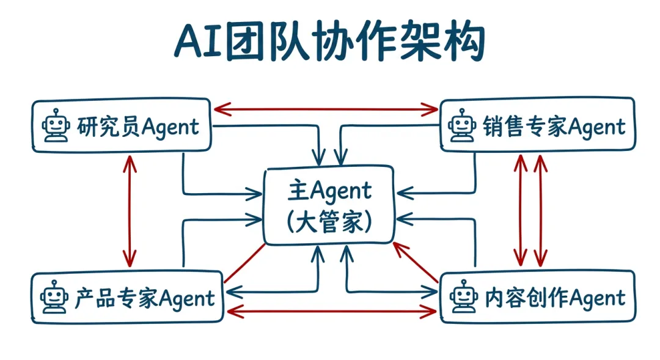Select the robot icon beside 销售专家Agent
tap(463, 126)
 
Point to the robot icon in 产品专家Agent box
tap(54, 298)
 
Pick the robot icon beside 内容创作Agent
tap(463, 298)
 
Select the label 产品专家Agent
tap(145, 298)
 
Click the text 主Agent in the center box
tap(329, 191)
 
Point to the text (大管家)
tap(329, 221)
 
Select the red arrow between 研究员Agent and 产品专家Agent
tap(129, 210)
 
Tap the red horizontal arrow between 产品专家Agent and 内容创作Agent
tap(331, 312)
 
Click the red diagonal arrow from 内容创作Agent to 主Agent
tap(416, 263)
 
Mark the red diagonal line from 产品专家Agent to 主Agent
tap(244, 263)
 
